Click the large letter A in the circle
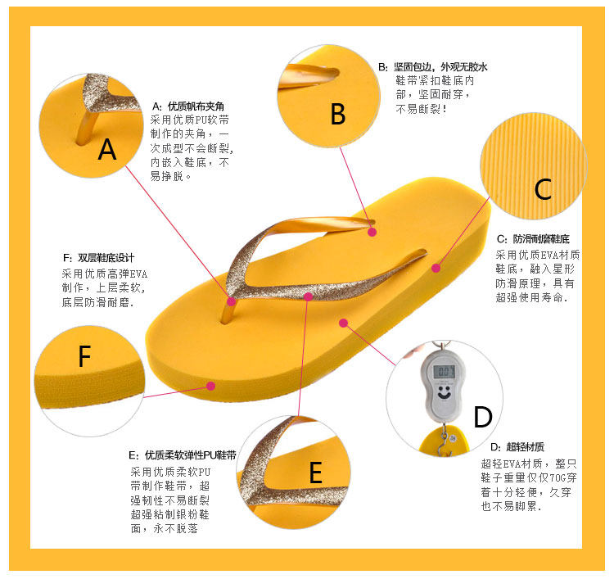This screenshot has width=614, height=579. point(106,150)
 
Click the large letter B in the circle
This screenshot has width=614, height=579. point(337,115)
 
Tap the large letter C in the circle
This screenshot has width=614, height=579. point(542,189)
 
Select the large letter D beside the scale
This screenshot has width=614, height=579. point(483,417)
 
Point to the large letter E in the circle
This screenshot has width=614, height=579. point(315,473)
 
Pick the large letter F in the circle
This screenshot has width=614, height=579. point(84,357)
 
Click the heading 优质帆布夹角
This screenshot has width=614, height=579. point(196,106)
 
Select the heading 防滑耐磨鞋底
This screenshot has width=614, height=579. point(540,239)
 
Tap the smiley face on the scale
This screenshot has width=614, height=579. point(444,393)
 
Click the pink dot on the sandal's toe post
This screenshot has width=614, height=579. point(232,301)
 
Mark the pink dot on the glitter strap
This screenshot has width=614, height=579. point(308,296)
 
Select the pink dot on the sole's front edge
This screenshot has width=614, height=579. point(211,384)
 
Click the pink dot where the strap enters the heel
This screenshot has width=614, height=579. point(372,232)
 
